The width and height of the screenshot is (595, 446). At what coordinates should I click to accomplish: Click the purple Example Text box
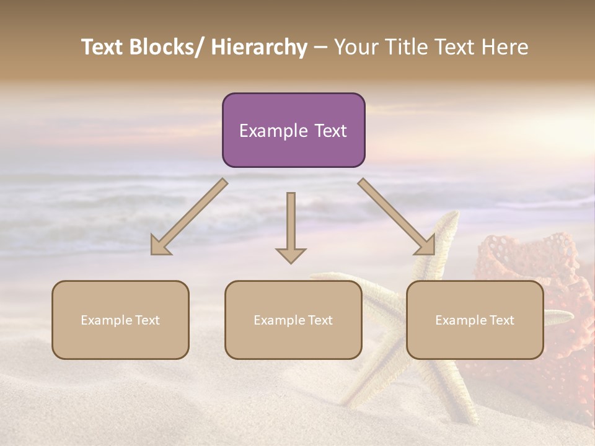pyautogui.click(x=293, y=130)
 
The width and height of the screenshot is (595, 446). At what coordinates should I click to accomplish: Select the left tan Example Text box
pyautogui.click(x=120, y=320)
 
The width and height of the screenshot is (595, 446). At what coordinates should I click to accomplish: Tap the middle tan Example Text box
pyautogui.click(x=293, y=320)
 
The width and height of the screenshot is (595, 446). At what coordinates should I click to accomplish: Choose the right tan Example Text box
pyautogui.click(x=475, y=320)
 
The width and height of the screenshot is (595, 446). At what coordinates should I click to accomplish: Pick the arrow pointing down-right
pyautogui.click(x=397, y=216)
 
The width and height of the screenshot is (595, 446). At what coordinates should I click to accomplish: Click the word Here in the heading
pyautogui.click(x=505, y=48)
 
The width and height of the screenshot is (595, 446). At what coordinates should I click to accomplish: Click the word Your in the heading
pyautogui.click(x=356, y=48)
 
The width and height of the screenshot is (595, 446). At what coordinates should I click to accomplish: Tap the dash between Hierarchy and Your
pyautogui.click(x=320, y=48)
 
